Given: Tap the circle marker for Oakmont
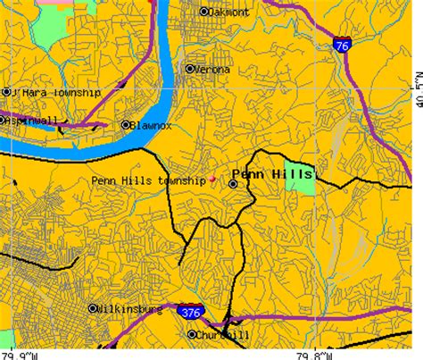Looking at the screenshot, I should tap(203, 12).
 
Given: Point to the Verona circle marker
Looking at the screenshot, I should tap(189, 68).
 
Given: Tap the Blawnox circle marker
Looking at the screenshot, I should tap(126, 125).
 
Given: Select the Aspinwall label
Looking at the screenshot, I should tap(29, 120).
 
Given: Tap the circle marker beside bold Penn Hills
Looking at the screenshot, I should tap(233, 183).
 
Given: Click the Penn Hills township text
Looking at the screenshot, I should tap(149, 180).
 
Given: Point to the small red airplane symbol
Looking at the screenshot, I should tap(212, 180).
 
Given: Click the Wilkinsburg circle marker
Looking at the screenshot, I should tap(93, 309).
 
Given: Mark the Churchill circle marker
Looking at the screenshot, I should tap(192, 335).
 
